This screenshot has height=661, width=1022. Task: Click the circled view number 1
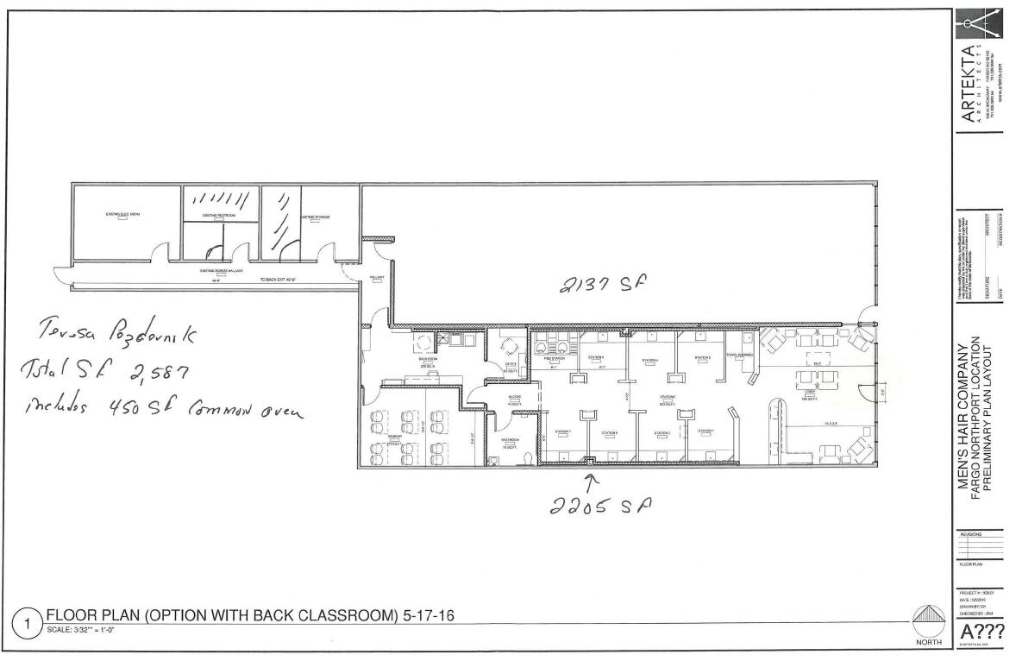[28, 621]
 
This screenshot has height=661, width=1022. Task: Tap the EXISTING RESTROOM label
[220, 216]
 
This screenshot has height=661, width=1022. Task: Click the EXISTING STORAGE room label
[316, 217]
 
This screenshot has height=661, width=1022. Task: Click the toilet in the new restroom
[525, 457]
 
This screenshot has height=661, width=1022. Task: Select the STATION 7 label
[564, 431]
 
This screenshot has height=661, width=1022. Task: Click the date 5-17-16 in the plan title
[426, 614]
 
